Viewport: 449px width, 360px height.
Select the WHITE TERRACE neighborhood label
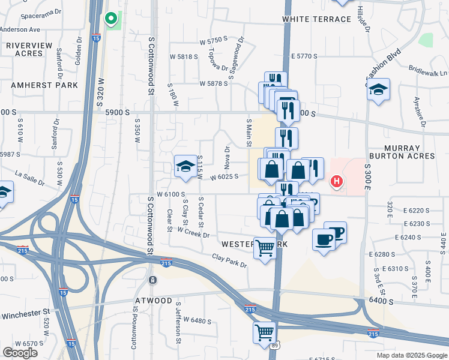click(x=317, y=19)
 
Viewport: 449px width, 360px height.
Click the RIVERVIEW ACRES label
click(x=25, y=49)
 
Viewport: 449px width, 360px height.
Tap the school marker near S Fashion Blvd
click(x=378, y=90)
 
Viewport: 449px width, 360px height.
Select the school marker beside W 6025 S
click(x=186, y=166)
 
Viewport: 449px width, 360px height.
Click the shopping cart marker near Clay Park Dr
click(x=265, y=248)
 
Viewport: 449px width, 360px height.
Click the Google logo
click(x=20, y=353)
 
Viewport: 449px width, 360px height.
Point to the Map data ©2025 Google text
click(x=412, y=355)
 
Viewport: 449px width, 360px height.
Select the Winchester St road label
click(x=25, y=313)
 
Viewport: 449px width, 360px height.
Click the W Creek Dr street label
click(x=193, y=232)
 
